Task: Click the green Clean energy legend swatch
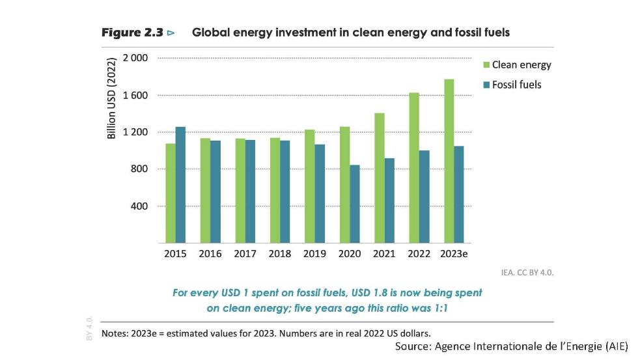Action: pos(486,64)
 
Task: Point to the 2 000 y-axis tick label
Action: pos(137,58)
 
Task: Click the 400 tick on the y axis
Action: pos(140,206)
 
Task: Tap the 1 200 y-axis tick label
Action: pos(137,132)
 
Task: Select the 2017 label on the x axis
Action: pos(245,254)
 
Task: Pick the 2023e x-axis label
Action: pos(454,254)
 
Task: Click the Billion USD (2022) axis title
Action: pos(112,100)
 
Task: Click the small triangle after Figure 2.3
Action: pos(171,32)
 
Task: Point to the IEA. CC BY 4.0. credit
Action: pos(527,272)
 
